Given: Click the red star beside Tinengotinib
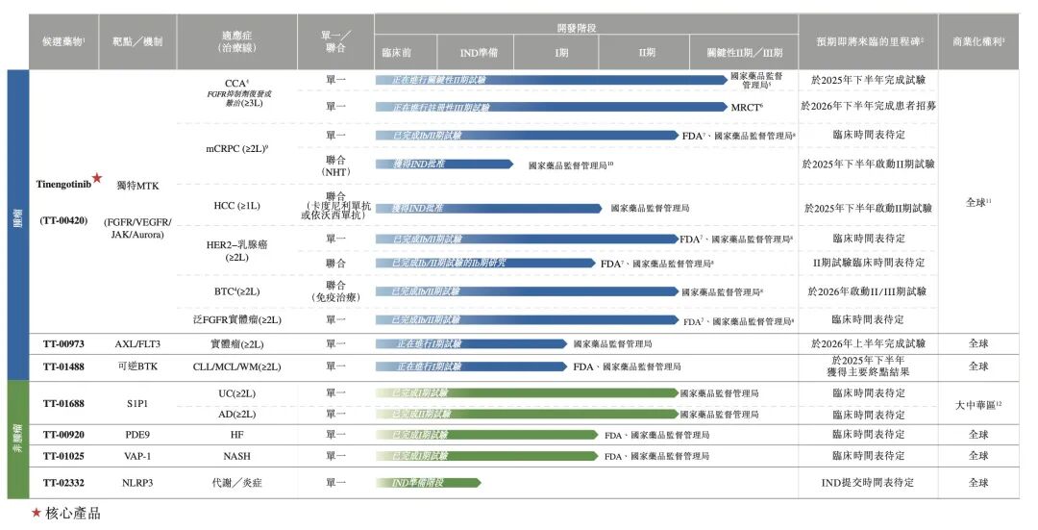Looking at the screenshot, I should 97,179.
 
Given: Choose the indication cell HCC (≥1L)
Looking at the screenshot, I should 236,206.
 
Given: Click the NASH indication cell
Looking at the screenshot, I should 236,456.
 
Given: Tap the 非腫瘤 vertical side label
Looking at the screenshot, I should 15,438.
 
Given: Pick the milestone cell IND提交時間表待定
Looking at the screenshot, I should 868,482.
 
